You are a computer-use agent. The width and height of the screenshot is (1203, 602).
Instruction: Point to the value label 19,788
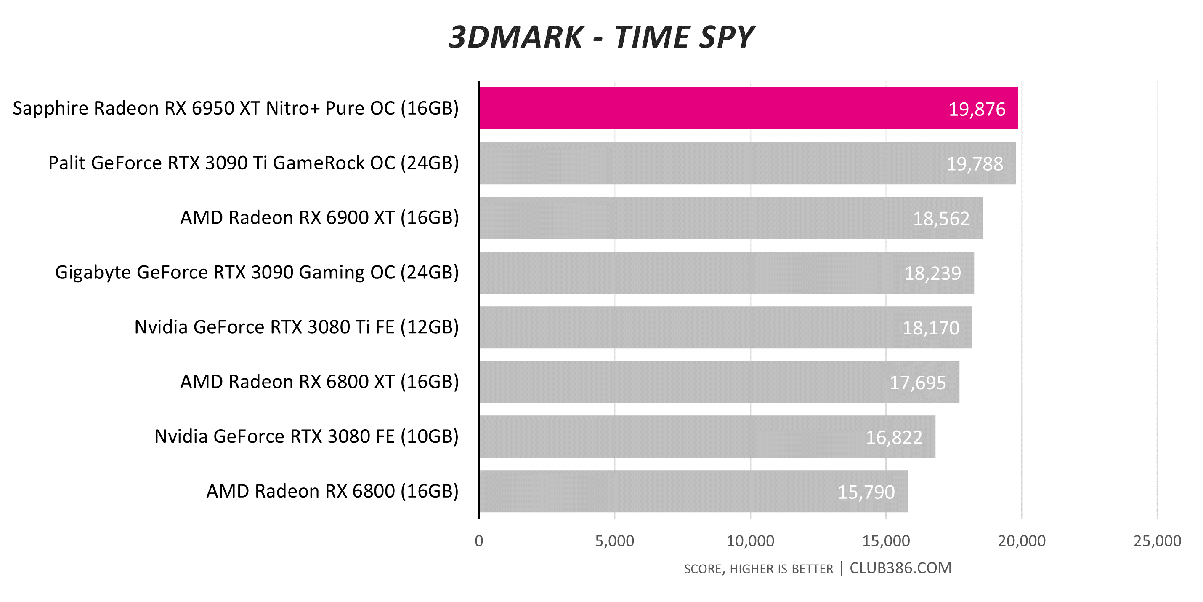tap(974, 164)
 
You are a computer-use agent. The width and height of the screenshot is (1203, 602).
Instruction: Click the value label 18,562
tap(941, 219)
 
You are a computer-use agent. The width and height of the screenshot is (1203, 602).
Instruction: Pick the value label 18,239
tap(932, 273)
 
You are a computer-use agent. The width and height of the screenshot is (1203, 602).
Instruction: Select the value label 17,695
tap(917, 383)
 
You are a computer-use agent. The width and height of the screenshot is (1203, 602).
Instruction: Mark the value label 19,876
tap(977, 110)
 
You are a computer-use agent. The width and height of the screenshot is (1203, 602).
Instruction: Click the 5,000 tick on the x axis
tap(615, 541)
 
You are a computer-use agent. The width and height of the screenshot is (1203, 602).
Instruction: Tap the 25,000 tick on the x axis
tap(1157, 541)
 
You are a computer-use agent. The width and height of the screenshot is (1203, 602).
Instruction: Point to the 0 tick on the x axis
tap(479, 541)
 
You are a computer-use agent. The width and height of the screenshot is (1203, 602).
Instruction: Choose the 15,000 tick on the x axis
tap(886, 541)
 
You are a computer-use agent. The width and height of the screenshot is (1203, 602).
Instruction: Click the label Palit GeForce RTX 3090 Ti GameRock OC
tap(254, 163)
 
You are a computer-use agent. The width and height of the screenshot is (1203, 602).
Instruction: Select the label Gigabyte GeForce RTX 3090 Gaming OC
tap(257, 273)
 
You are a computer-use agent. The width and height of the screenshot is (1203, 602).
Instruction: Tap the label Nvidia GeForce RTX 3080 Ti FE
tap(297, 327)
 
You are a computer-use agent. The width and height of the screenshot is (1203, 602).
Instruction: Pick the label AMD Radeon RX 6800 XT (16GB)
tap(319, 382)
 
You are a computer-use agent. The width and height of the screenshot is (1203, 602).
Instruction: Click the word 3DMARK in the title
tap(515, 37)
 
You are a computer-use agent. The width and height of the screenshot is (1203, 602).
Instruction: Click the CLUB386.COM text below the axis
tap(900, 568)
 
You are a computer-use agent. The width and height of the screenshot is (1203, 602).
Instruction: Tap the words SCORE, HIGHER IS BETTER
tap(758, 569)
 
